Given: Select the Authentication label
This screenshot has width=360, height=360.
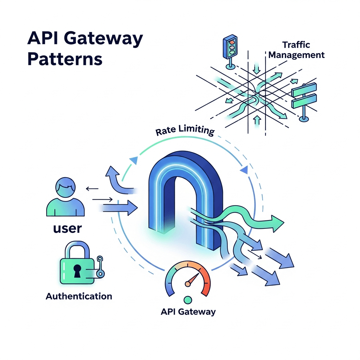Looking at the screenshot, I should click(x=79, y=296).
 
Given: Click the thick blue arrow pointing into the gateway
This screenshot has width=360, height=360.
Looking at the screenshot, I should click(x=120, y=207).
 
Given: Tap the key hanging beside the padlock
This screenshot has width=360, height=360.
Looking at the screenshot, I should click(x=101, y=267).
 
